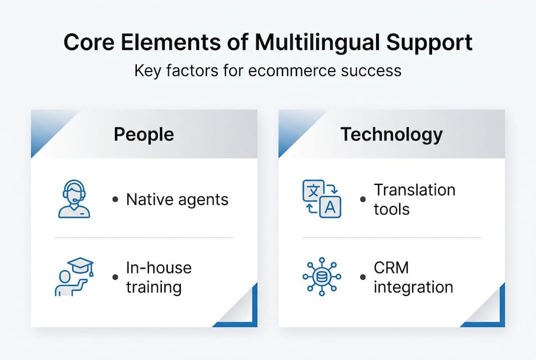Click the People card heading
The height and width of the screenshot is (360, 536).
coord(144,134)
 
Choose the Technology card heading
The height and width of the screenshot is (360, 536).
coord(392,134)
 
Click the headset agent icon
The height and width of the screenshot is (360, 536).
coord(74,199)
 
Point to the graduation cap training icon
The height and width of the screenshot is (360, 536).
coord(73,276)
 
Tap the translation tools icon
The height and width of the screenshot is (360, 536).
coord(322,199)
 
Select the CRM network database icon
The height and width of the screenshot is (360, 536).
coord(322,276)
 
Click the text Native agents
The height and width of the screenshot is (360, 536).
coord(177,199)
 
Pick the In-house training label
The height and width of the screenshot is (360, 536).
coord(158,277)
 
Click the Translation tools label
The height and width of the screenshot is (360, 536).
coord(414,199)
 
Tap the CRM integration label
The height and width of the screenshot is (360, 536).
coord(413,277)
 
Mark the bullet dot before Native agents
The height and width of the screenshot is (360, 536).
coord(115,199)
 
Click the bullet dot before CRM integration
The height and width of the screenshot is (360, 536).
coord(363,277)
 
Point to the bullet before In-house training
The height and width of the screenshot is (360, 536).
coord(115,277)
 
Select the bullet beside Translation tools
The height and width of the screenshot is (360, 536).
coord(363,199)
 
